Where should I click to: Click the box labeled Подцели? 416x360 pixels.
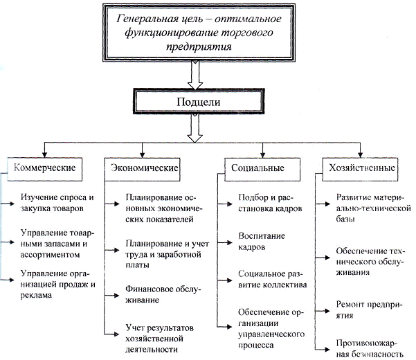(x=199, y=102)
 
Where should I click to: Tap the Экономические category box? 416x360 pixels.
(x=145, y=168)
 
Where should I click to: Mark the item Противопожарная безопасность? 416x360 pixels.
(x=369, y=348)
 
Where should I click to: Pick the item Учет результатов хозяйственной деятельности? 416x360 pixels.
(x=159, y=337)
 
